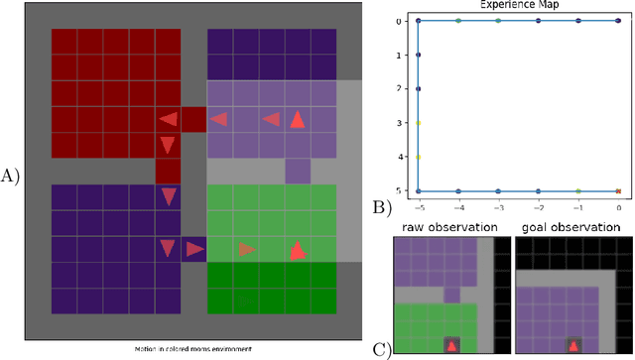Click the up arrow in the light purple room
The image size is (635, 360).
click(x=297, y=120)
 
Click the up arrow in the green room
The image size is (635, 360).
click(x=297, y=250)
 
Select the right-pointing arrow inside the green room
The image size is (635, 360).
click(x=246, y=250)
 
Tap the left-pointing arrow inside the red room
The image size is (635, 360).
click(x=169, y=120)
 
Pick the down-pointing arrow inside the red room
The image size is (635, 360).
click(x=168, y=146)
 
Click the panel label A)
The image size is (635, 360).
click(x=11, y=177)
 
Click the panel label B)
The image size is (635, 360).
click(x=381, y=207)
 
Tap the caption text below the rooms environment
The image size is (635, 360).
click(x=194, y=349)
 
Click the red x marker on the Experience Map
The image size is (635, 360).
click(x=618, y=190)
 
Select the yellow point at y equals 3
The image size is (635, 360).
click(x=418, y=123)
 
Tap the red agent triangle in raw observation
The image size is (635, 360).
click(x=451, y=345)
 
